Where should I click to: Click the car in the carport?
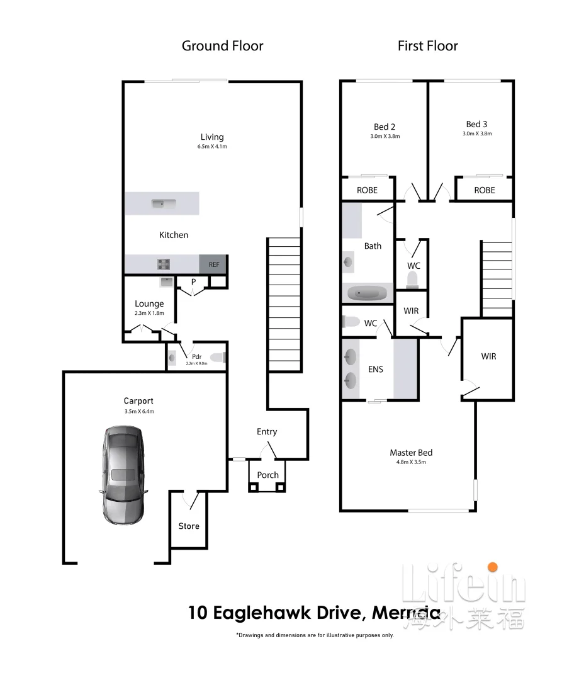coord(123,475)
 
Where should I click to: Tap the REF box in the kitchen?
coord(214,264)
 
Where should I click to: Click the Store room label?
coord(189,526)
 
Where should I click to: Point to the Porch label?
coord(268,475)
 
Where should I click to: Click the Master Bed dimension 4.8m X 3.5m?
coord(411,462)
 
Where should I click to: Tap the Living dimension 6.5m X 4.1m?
coord(212,147)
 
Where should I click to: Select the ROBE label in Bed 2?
coord(367,190)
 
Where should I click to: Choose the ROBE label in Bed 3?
coord(485,190)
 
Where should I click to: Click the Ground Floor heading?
coord(222,46)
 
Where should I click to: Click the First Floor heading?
coord(427,46)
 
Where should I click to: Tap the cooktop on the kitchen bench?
coord(164,264)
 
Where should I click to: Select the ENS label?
coord(376,370)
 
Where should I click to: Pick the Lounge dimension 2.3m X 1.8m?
coord(149,313)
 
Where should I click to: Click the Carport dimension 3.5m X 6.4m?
coord(139,411)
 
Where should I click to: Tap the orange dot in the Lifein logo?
coord(492,568)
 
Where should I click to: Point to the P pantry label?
coord(193,281)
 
